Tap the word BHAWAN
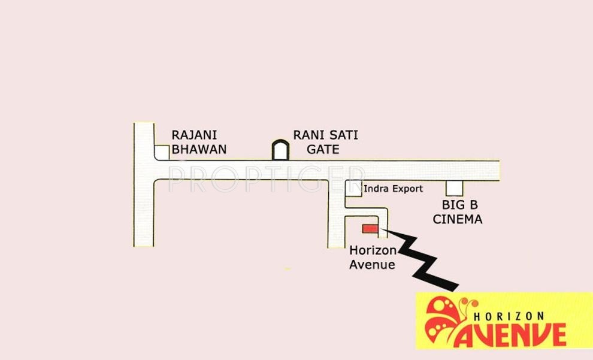(x=199, y=149)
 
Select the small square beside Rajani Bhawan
(x=162, y=152)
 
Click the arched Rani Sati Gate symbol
(x=280, y=150)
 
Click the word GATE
(x=323, y=149)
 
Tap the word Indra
(x=376, y=189)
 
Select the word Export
(x=407, y=189)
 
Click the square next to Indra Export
(x=353, y=188)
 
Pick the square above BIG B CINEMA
(x=454, y=187)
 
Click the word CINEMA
(x=457, y=219)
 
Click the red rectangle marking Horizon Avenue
(x=370, y=228)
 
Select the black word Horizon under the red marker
(x=373, y=251)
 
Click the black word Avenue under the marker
(x=372, y=264)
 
